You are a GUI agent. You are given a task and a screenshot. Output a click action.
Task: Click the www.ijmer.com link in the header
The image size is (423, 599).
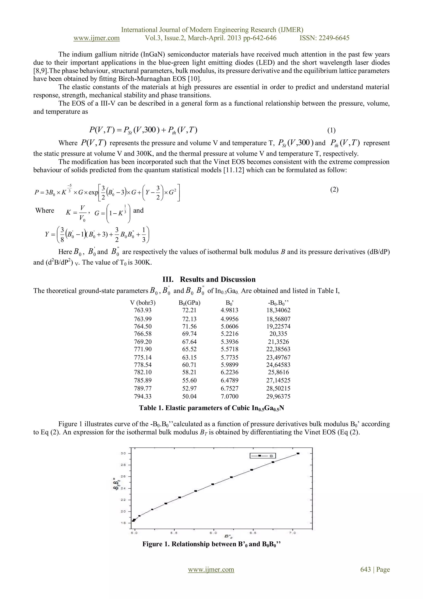coord(96,38)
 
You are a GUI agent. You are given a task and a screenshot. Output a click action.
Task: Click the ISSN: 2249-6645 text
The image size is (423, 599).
coord(324,38)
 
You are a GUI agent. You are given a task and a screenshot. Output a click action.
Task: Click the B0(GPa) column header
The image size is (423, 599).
coord(189,303)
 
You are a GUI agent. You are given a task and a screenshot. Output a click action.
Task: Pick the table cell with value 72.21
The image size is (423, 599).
coord(189,310)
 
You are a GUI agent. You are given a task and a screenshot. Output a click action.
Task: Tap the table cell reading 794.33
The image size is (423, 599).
coord(143,397)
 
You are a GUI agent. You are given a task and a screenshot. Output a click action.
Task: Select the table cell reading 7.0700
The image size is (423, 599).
coord(229,397)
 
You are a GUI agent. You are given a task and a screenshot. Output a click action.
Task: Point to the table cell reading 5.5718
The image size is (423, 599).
coord(229,349)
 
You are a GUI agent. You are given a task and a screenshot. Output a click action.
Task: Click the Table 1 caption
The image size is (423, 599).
coord(211,408)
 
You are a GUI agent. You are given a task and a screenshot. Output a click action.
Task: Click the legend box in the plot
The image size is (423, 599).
coord(263,456)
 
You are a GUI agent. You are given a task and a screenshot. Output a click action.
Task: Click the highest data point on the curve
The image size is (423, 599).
coord(298,453)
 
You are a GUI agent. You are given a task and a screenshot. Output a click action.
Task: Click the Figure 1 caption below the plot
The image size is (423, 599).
coord(211,544)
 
